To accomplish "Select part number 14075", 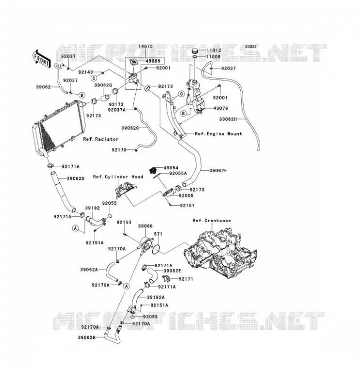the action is (146, 46).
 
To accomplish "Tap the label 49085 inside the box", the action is (153, 61).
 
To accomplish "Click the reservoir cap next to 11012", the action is (195, 51).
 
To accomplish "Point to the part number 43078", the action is (220, 108).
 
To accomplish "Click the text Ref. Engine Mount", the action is (218, 134).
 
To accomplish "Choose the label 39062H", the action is (228, 119).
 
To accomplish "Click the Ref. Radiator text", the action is (100, 139).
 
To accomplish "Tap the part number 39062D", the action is (76, 178).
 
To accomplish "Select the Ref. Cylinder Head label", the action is (118, 177).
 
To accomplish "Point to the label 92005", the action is (186, 195).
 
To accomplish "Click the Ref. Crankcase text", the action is (212, 221).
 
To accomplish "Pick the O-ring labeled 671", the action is (156, 249).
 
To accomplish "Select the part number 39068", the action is (145, 226).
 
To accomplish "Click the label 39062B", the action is (87, 337).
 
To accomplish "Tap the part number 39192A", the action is (155, 297).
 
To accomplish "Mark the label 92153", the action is (124, 223).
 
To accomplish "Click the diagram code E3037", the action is (251, 47).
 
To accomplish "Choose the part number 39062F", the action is (218, 171).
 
